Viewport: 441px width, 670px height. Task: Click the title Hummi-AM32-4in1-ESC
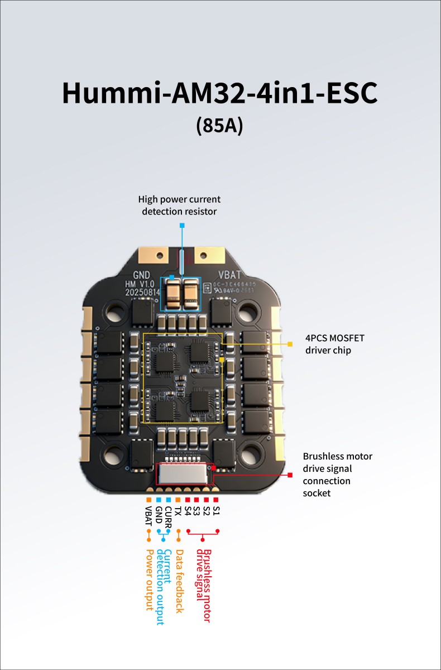(220, 93)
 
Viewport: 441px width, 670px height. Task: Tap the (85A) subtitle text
(220, 125)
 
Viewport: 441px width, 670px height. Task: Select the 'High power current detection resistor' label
(180, 205)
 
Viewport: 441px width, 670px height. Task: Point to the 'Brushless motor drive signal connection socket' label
(337, 475)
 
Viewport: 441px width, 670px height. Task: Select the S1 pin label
(217, 511)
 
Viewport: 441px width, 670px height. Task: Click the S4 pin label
(188, 511)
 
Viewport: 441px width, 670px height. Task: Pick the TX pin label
(178, 511)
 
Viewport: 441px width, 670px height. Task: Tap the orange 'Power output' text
(149, 580)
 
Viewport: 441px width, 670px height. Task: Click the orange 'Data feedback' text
(179, 581)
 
